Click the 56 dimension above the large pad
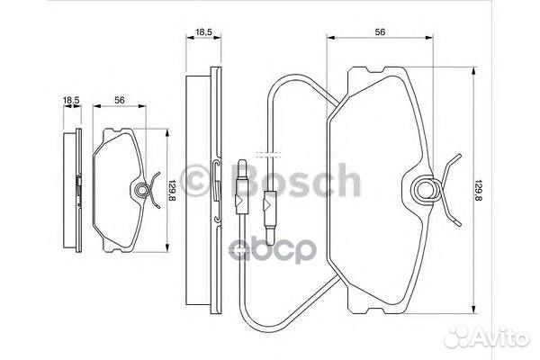[x=380, y=32]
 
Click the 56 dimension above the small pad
[x=119, y=100]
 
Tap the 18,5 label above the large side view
[x=203, y=32]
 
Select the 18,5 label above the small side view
[x=71, y=100]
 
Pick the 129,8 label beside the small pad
[x=171, y=191]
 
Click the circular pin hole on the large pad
[x=427, y=189]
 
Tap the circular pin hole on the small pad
[x=141, y=190]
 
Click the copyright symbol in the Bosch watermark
[x=195, y=180]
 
